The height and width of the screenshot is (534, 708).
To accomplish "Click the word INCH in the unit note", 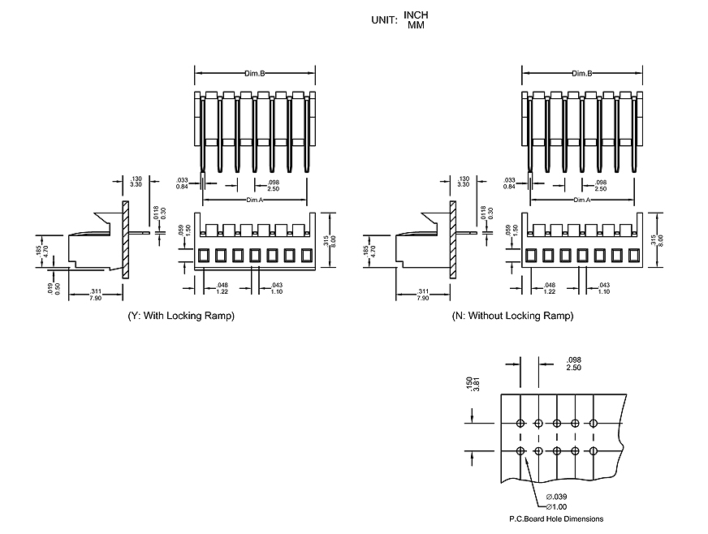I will coord(416,15).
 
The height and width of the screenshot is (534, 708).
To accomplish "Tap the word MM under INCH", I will coord(416,26).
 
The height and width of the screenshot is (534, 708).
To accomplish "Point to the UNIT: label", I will coord(384,20).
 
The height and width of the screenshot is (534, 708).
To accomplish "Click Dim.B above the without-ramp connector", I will coord(581,74).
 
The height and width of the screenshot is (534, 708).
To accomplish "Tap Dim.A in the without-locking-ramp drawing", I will coord(581,200).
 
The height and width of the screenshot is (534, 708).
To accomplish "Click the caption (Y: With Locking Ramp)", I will coord(181,316).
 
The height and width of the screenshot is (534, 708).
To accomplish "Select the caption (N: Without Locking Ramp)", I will coord(512,316).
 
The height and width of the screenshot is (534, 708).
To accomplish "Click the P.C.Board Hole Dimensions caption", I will coord(556,519).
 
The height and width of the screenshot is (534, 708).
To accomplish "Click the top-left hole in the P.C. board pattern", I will coord(520,423).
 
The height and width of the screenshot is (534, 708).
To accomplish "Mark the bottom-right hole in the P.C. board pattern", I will coord(594,451).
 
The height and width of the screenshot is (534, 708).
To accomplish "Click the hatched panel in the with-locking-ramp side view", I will coord(125,239).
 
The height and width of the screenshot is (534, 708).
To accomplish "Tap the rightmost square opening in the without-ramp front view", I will coord(633,255).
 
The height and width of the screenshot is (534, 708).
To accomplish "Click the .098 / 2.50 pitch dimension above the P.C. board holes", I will coord(574,364).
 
